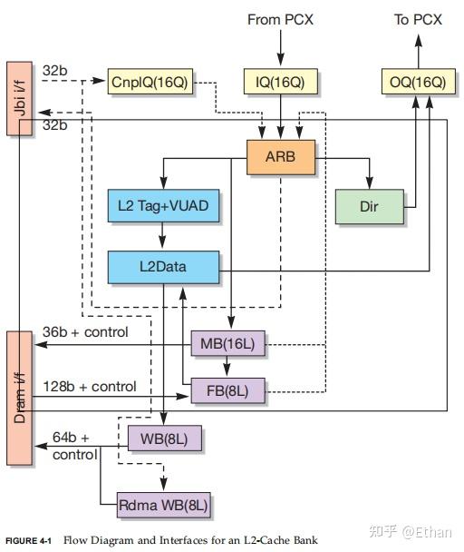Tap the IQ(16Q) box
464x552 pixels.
[281, 83]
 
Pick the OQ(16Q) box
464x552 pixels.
[418, 83]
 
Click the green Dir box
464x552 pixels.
[368, 206]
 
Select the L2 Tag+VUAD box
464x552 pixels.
[163, 206]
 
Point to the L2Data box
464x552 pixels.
[163, 266]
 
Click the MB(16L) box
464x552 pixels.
[227, 345]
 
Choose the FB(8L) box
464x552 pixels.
[227, 392]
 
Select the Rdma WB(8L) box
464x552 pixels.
[164, 502]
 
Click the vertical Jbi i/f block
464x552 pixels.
[19, 98]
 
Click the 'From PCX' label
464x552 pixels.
[281, 19]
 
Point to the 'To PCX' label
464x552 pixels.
[418, 19]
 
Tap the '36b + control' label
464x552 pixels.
[85, 331]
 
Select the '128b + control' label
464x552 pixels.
[90, 386]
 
